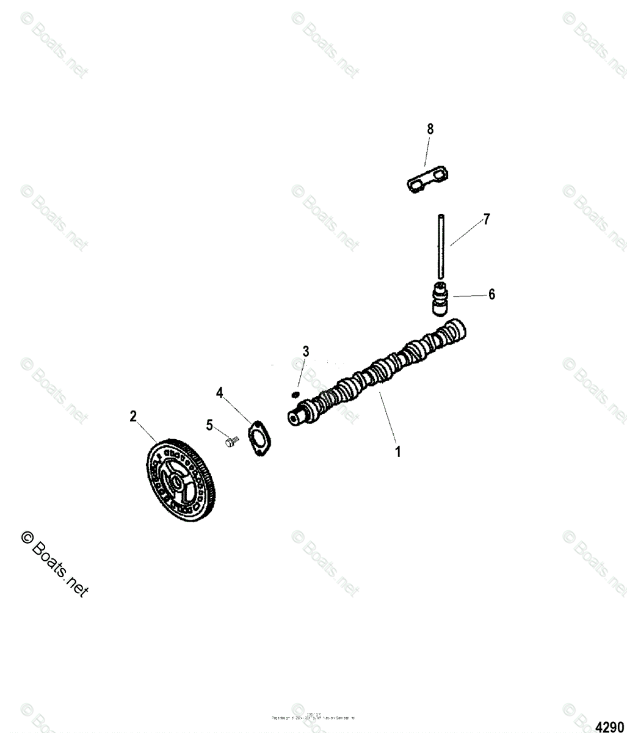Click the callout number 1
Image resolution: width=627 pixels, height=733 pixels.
(398, 452)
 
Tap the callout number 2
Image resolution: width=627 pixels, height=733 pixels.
(133, 417)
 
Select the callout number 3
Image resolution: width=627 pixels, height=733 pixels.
(306, 351)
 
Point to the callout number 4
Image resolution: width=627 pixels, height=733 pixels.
(219, 393)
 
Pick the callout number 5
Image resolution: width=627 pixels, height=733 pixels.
(209, 425)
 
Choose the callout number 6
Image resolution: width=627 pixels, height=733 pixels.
(491, 294)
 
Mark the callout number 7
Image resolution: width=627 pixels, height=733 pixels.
(486, 220)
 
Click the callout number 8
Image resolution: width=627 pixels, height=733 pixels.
(430, 129)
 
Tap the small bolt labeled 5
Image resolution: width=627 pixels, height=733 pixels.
(230, 441)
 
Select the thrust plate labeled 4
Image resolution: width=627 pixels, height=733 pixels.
(259, 438)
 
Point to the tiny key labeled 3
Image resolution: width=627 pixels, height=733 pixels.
(295, 395)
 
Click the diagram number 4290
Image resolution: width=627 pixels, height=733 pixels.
(609, 726)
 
